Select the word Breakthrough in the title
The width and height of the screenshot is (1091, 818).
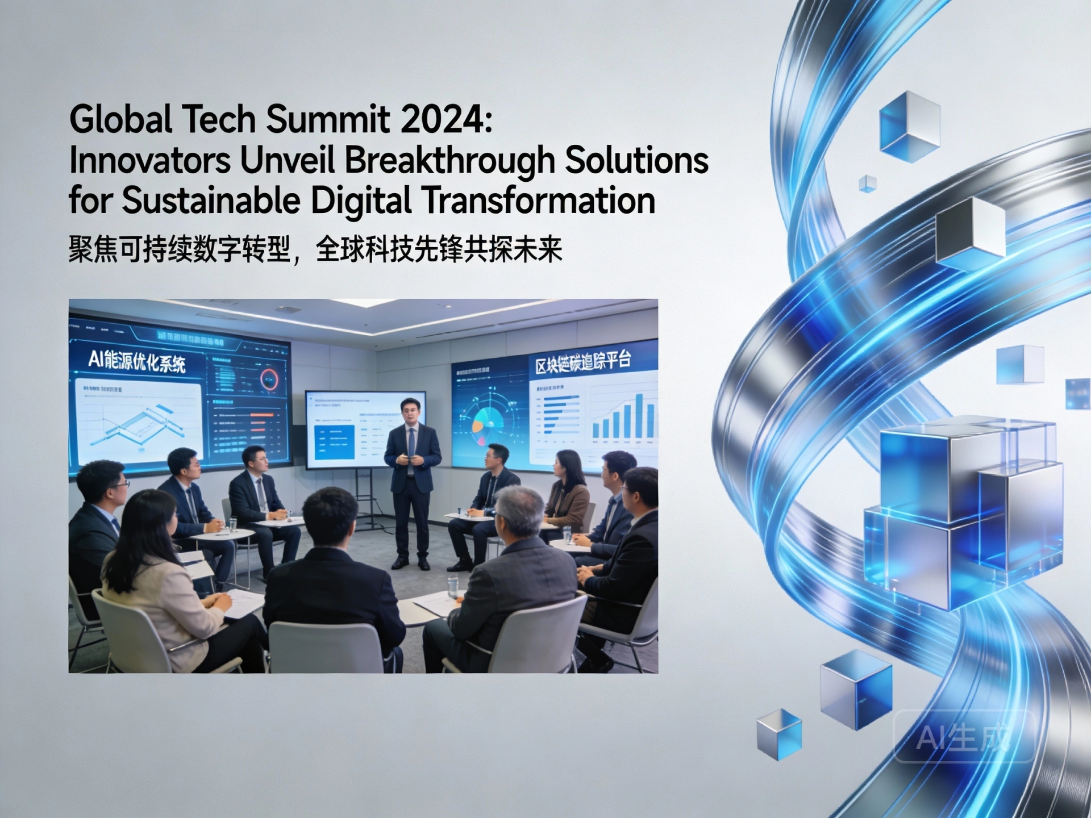click(x=449, y=160)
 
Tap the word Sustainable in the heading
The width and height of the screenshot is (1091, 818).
click(x=211, y=201)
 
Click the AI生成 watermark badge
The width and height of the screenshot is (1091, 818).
click(x=964, y=737)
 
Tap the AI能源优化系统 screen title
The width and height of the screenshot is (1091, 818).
click(x=137, y=361)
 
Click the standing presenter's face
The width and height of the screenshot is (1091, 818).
click(x=410, y=413)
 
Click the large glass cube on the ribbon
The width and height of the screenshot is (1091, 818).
click(x=960, y=511)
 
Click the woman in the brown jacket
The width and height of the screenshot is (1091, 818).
click(x=566, y=489)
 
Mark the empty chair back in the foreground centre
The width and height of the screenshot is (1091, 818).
click(x=327, y=648)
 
